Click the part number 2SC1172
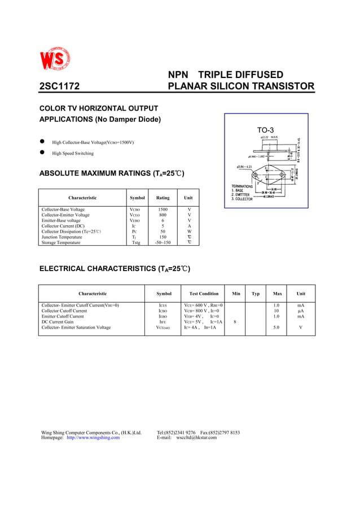click(x=59, y=86)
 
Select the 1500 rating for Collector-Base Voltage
click(x=163, y=210)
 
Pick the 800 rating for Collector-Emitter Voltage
click(x=163, y=215)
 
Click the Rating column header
click(x=163, y=198)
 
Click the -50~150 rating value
click(x=163, y=242)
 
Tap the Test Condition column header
click(x=204, y=294)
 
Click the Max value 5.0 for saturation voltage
click(x=276, y=328)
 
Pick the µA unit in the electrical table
click(x=301, y=311)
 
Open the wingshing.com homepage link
click(x=93, y=438)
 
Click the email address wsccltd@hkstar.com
click(x=196, y=438)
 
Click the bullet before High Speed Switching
click(x=42, y=153)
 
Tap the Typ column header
click(x=256, y=294)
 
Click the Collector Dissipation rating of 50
click(x=163, y=232)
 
